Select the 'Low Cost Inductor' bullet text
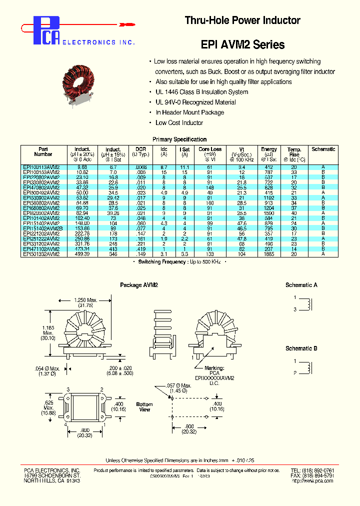(179, 122)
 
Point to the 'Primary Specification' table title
(179, 139)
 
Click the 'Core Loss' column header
(210, 151)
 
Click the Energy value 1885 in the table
(268, 254)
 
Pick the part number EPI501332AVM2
(41, 254)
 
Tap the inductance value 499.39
(82, 254)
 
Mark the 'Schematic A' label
(301, 285)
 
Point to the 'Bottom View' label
(144, 406)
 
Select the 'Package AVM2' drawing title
(139, 285)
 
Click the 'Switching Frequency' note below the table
(179, 262)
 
